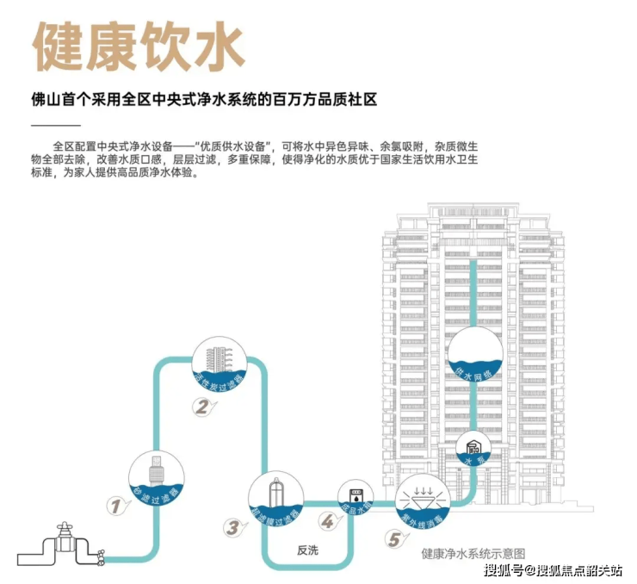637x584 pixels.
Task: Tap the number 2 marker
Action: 200,408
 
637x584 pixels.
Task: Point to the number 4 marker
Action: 327,521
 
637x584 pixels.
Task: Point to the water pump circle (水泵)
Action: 473,449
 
